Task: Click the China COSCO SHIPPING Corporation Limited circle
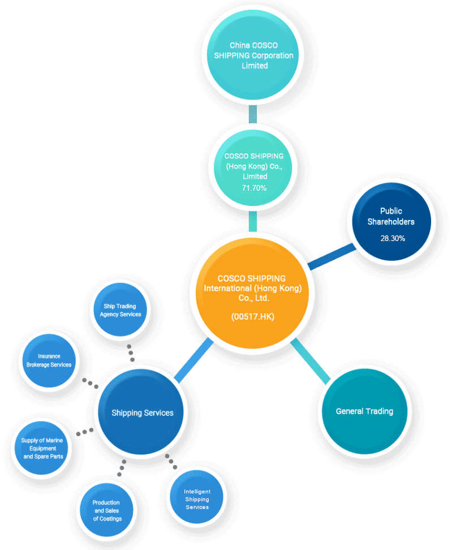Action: tap(253, 55)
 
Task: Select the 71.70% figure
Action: tap(254, 188)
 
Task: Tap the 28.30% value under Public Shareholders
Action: tap(393, 239)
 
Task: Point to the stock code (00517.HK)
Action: tap(252, 317)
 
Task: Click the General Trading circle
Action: tap(365, 411)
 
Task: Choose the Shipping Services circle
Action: tap(141, 412)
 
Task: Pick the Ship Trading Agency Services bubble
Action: tap(120, 310)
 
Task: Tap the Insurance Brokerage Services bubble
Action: tap(49, 360)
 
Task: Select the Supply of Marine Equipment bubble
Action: tap(42, 448)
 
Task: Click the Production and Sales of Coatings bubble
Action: tap(106, 510)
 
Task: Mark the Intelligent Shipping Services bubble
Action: tap(197, 497)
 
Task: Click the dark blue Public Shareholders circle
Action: tap(391, 222)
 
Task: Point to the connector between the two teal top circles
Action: tap(252, 114)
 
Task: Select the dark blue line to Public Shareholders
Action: tap(332, 257)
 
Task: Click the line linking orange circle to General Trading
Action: tap(311, 360)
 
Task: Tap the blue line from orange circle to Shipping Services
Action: tap(193, 360)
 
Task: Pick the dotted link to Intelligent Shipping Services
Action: tap(171, 462)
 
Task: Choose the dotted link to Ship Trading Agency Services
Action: tap(131, 353)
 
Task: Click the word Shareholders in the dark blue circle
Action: tap(391, 222)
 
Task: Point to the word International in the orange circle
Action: tap(228, 289)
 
